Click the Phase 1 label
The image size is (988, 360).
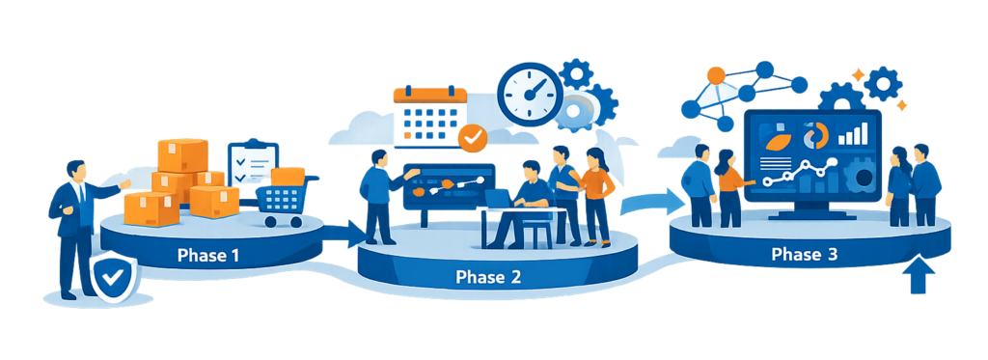point(208,256)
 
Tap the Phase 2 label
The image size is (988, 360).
point(488,277)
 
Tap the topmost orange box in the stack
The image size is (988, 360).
point(182,153)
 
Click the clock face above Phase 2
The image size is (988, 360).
point(530,96)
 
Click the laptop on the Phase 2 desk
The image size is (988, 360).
point(500,200)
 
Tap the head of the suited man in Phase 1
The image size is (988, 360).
point(76,171)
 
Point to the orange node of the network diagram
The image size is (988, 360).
point(715,74)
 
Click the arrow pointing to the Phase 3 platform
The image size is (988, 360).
point(643,203)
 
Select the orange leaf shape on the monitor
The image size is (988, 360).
point(775,141)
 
